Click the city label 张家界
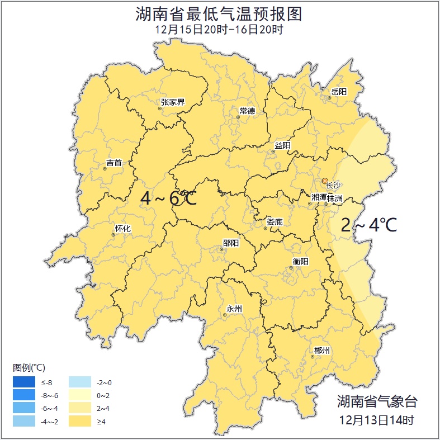tap(172, 102)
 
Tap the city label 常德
tap(247, 111)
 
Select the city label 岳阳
tap(338, 92)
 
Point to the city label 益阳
tap(282, 145)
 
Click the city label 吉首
tap(113, 163)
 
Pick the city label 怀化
tap(122, 229)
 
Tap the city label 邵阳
tap(230, 243)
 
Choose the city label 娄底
tap(275, 222)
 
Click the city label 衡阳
tap(300, 262)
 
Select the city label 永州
tap(234, 309)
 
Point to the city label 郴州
tap(321, 351)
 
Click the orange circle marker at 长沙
tap(325, 181)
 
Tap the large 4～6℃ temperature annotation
tap(168, 198)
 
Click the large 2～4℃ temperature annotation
tap(369, 225)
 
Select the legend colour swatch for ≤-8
tap(23, 383)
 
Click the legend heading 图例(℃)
tap(29, 367)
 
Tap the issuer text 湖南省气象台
tap(377, 401)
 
